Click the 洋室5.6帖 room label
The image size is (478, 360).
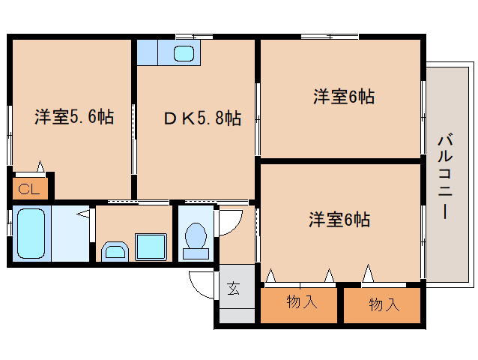pyautogui.click(x=73, y=117)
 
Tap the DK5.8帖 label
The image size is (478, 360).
pyautogui.click(x=202, y=118)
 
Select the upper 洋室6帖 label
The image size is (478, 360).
pyautogui.click(x=344, y=96)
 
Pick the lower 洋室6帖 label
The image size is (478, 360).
pyautogui.click(x=339, y=220)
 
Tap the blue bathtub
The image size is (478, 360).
pyautogui.click(x=31, y=233)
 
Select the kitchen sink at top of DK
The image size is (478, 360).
pyautogui.click(x=184, y=53)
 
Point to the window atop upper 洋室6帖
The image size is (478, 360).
pyautogui.click(x=330, y=36)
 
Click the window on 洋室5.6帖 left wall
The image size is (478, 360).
pyautogui.click(x=10, y=135)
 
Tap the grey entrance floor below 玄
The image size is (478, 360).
pyautogui.click(x=235, y=312)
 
